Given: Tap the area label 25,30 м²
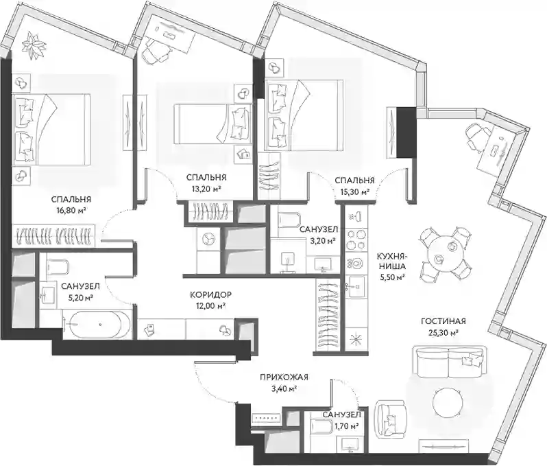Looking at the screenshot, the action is pyautogui.click(x=443, y=333).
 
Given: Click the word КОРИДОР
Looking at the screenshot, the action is pyautogui.click(x=210, y=295).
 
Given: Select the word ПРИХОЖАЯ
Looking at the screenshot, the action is pyautogui.click(x=284, y=377).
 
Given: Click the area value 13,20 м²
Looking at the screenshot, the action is pyautogui.click(x=206, y=189).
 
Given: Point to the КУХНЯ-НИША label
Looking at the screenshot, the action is pyautogui.click(x=391, y=261).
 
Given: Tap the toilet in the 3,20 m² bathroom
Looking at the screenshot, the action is pyautogui.click(x=289, y=220).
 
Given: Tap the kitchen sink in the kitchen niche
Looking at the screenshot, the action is pyautogui.click(x=356, y=286).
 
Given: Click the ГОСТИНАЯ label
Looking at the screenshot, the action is pyautogui.click(x=443, y=321).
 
